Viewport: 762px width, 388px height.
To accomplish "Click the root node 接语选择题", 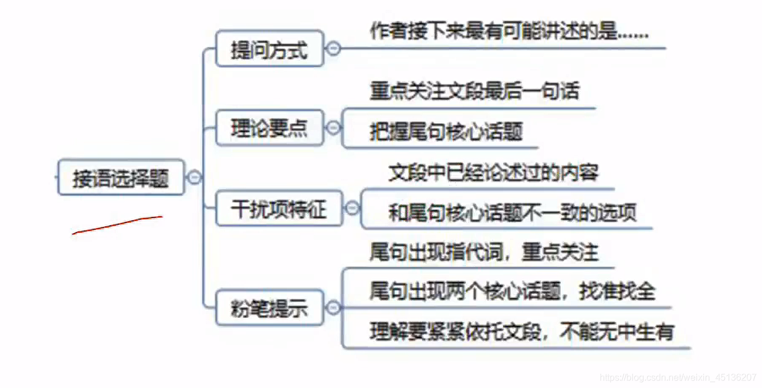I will [x=121, y=177].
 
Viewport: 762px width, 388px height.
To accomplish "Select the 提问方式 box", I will [x=269, y=49].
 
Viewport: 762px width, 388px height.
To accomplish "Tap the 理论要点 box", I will [x=269, y=128].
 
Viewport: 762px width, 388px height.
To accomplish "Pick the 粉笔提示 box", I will [x=269, y=308].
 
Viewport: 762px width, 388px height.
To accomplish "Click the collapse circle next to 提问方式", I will [x=333, y=49].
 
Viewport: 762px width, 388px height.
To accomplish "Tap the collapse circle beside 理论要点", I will [x=333, y=128].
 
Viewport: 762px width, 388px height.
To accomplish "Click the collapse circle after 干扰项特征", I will [x=352, y=208].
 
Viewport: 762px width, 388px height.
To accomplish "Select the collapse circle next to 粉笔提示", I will [x=333, y=308].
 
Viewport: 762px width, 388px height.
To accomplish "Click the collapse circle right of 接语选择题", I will [x=194, y=177].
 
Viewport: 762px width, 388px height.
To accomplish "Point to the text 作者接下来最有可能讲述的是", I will [x=508, y=32].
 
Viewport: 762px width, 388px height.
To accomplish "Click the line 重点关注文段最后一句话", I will [x=474, y=91].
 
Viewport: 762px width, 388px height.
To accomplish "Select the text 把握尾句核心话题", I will [x=446, y=132].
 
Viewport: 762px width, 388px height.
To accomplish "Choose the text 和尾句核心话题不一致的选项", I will [x=512, y=213].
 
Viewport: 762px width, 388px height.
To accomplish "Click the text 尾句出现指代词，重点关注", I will [x=484, y=252].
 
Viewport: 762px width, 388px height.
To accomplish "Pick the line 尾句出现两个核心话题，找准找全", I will [x=512, y=291].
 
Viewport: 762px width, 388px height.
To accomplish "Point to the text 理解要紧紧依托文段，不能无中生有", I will [x=521, y=332].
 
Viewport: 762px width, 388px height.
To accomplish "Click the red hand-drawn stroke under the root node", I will [x=117, y=224].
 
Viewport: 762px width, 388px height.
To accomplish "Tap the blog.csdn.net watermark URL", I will [x=677, y=377].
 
